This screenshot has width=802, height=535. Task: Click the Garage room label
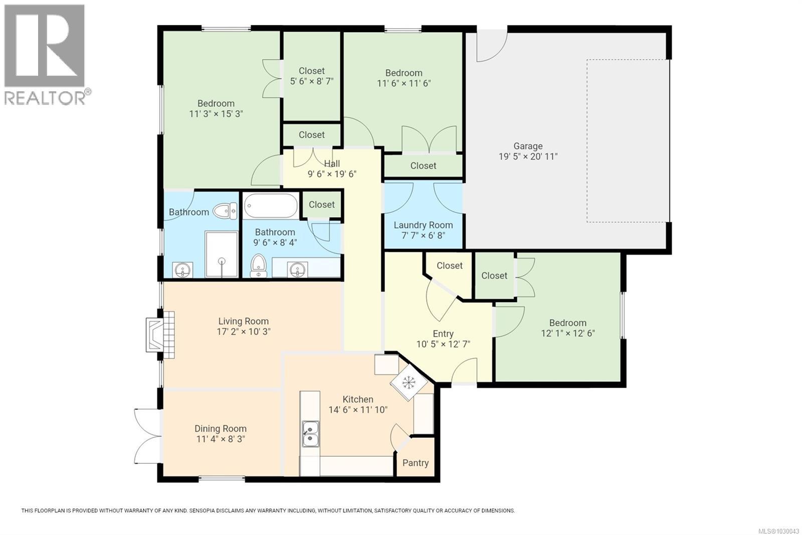527,146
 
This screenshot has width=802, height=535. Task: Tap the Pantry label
415,463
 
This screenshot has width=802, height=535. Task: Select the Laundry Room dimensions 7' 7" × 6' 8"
423,235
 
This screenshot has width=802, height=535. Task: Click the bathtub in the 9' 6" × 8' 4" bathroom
271,206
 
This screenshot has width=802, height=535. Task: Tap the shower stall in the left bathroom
222,254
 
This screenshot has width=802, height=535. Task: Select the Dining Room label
221,429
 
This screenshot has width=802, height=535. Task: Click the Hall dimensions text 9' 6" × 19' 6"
332,174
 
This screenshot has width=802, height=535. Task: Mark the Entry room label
443,334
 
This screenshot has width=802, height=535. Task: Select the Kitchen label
357,399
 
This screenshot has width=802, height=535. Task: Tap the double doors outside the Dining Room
146,436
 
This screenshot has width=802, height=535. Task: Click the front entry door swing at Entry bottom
464,372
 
